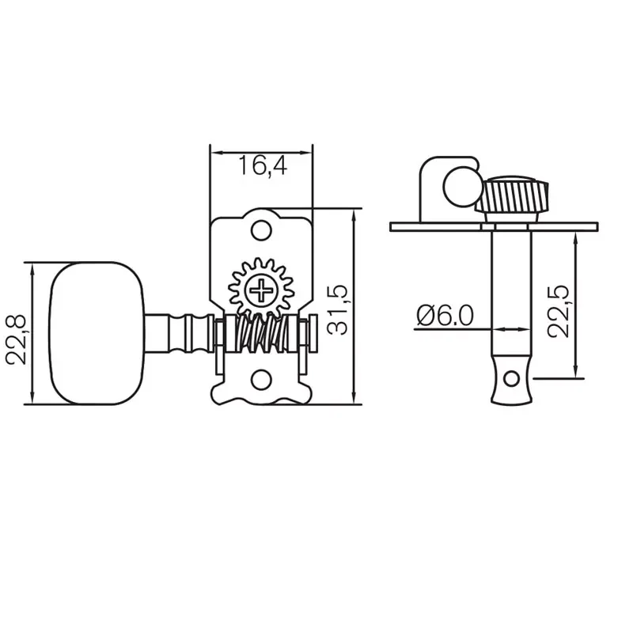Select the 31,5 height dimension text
pos(338,309)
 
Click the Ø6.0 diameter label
pos(444,316)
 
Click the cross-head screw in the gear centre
pos(261,291)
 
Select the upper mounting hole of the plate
pos(261,229)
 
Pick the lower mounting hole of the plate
pos(261,381)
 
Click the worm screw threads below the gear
pos(261,334)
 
